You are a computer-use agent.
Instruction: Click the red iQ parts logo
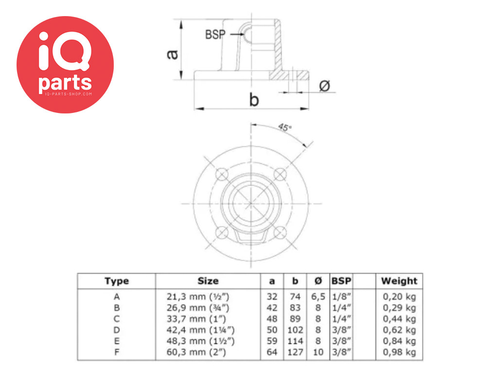[x=65, y=65]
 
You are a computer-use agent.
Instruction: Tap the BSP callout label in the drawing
[x=215, y=35]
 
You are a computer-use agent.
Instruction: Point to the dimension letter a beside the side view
[x=173, y=55]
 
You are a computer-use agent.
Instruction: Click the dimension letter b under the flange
[x=254, y=100]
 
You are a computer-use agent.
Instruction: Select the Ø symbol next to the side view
[x=324, y=86]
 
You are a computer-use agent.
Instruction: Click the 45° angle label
[x=285, y=127]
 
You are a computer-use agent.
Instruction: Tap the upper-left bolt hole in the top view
[x=222, y=175]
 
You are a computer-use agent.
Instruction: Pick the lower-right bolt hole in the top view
[x=280, y=232]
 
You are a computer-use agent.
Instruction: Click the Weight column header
[x=399, y=281]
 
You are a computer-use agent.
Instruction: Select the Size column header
[x=208, y=281]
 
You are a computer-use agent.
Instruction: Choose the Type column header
[x=117, y=281]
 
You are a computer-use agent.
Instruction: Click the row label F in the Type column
[x=117, y=353]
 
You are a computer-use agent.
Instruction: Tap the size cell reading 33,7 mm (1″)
[x=196, y=318]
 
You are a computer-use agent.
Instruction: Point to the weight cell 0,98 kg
[x=399, y=352]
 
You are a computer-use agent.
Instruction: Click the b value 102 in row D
[x=295, y=330]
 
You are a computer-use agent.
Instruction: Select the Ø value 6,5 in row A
[x=318, y=297]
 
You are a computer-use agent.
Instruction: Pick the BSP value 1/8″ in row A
[x=341, y=297]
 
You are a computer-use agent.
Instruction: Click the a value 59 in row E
[x=272, y=341]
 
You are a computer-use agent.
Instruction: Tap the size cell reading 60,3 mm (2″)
[x=196, y=352]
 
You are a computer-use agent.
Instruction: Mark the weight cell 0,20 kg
[x=399, y=297]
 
